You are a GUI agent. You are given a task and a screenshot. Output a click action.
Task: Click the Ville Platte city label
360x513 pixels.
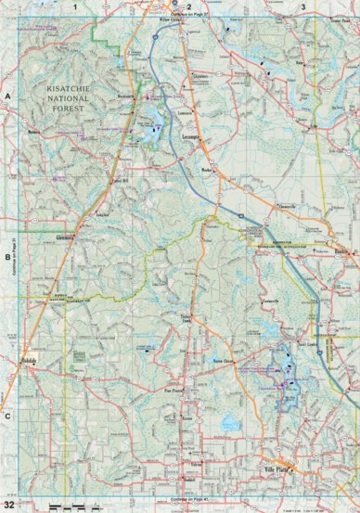277,468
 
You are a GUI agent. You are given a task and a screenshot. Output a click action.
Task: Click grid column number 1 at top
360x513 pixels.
73,6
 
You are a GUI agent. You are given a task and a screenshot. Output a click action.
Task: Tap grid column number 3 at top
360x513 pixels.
303,6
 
